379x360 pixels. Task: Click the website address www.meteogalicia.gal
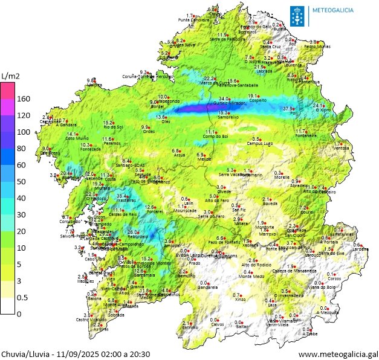pyautogui.click(x=338, y=354)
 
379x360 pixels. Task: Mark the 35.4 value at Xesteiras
pyautogui.click(x=122, y=196)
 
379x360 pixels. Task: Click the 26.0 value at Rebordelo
pyautogui.click(x=133, y=232)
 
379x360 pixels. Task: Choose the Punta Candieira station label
pyautogui.click(x=193, y=20)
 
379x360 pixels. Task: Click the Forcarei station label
pyautogui.click(x=155, y=212)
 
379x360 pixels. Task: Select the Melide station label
pyautogui.click(x=204, y=159)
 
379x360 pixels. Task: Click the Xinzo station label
pyautogui.click(x=240, y=299)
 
